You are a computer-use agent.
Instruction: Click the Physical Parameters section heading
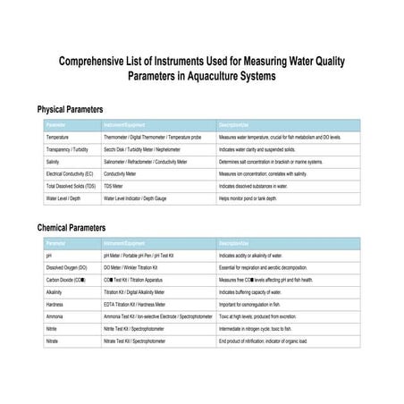76,108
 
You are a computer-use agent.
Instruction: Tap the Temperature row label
60,137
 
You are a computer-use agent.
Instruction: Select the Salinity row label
55,162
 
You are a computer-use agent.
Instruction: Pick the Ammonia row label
55,316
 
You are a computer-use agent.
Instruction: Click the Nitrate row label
53,341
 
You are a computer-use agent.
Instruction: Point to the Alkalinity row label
55,292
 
